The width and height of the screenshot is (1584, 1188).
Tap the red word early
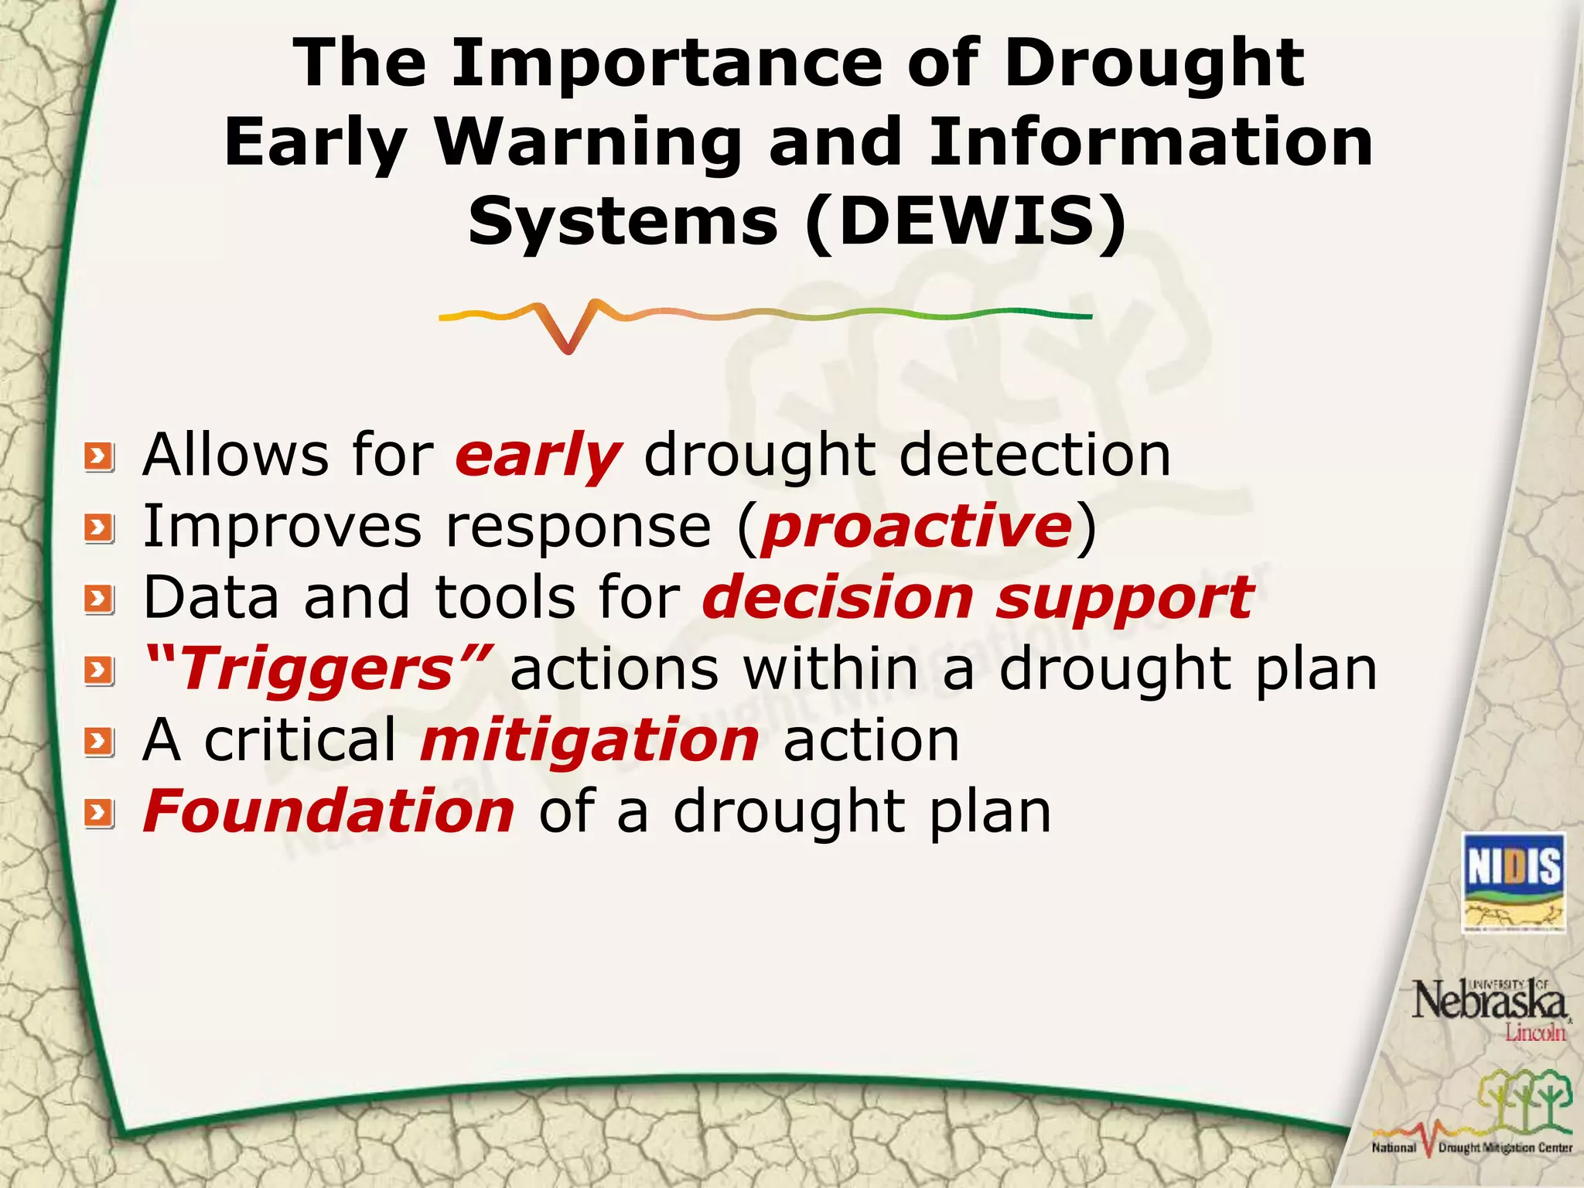point(538,456)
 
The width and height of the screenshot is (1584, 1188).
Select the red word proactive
point(917,527)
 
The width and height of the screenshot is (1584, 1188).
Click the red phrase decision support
point(978,598)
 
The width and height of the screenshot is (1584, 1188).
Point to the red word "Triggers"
point(317,669)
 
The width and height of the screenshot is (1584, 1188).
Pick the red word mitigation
point(590,740)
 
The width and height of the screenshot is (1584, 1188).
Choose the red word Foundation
point(329,811)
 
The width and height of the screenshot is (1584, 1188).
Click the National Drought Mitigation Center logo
point(1473,1115)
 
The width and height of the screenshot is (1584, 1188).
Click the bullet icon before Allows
point(99,457)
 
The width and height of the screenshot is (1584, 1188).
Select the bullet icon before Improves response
point(99,529)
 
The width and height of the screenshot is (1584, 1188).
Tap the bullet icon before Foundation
point(99,814)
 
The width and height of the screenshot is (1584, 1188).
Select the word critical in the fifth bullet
point(300,740)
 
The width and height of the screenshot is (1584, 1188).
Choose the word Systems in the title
point(623,222)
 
